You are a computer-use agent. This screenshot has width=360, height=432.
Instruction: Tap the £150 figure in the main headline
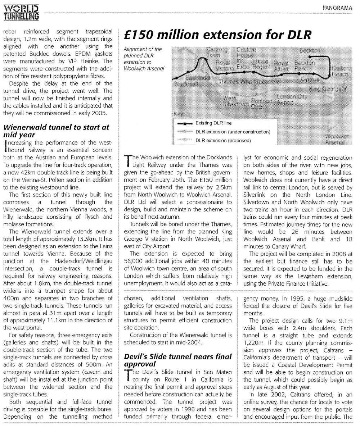(x=138, y=35)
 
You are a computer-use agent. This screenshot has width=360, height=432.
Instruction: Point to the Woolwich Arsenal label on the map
(x=334, y=140)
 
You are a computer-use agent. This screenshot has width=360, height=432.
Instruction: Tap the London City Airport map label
(x=291, y=99)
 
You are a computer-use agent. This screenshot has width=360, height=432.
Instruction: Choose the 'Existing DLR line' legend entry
(x=213, y=123)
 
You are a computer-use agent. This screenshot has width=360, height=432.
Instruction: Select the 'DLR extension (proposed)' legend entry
(x=223, y=140)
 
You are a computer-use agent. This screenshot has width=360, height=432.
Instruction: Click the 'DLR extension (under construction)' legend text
(x=233, y=132)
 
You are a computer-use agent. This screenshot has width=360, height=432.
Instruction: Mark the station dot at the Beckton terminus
(x=318, y=56)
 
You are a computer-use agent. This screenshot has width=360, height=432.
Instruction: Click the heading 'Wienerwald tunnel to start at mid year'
(x=56, y=131)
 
